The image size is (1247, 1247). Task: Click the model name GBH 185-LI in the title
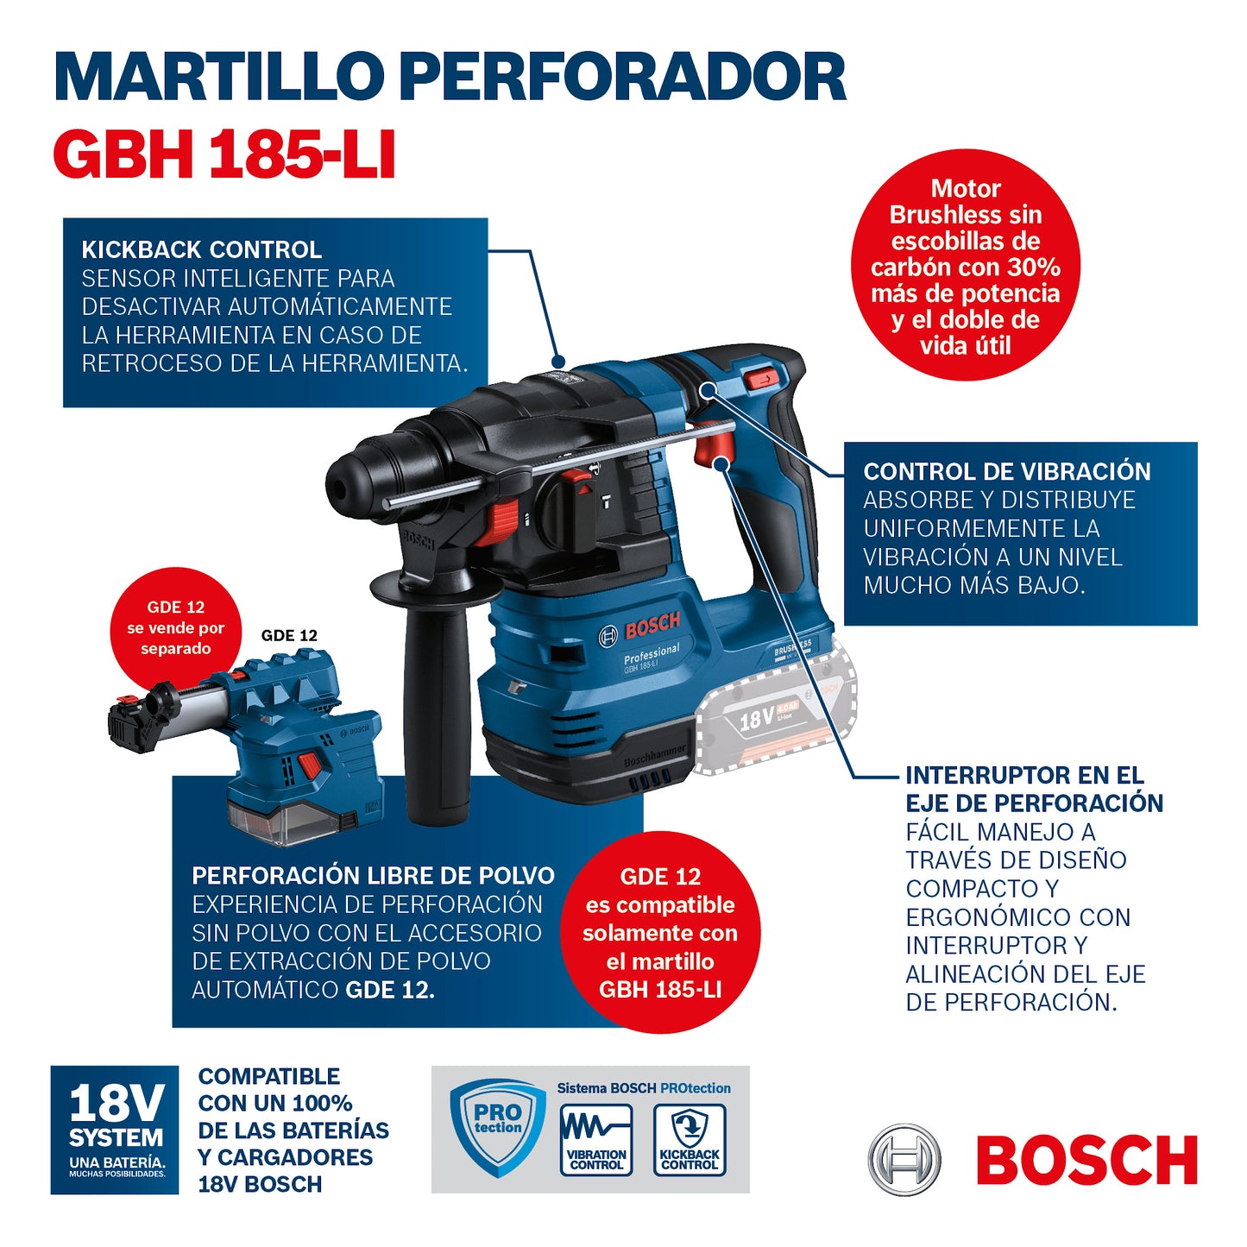click(224, 155)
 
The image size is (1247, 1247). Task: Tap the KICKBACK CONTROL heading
click(201, 250)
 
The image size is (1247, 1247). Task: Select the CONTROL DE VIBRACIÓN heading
click(1006, 472)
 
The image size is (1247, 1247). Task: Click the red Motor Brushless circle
click(965, 266)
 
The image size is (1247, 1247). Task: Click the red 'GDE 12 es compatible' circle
click(660, 932)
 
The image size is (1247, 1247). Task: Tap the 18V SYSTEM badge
click(115, 1130)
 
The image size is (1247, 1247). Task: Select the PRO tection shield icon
click(498, 1126)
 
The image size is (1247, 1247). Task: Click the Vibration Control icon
click(596, 1139)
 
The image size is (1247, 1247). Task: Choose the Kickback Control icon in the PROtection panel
click(690, 1139)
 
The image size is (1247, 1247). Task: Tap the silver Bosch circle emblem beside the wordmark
click(904, 1160)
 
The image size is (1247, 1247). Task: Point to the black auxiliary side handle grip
click(437, 716)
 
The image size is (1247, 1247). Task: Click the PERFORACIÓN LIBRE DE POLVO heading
click(373, 876)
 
